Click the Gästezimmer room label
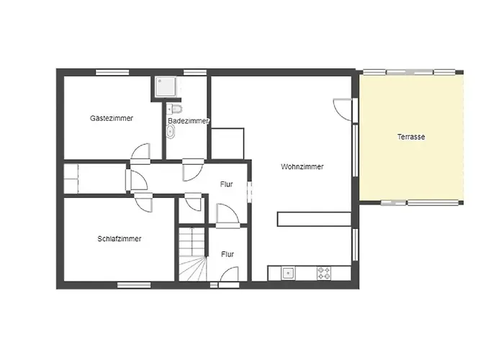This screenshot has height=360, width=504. pos(111,118)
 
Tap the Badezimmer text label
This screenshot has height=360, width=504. pos(189,121)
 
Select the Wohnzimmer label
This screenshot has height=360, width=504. pos(302,167)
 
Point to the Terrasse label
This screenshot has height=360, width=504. pos(411,137)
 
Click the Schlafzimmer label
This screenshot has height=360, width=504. pos(120,239)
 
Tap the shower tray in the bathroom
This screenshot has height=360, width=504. pos(166,87)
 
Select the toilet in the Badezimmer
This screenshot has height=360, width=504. pos(174,109)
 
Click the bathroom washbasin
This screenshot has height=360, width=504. pos(171,132)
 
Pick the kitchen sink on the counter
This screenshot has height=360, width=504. pos(288,274)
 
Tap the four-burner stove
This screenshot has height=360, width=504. pos(324,274)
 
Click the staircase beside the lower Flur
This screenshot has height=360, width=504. pos(192,254)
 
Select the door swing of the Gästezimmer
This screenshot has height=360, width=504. pos(141,152)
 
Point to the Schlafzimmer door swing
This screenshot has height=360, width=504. pos(143,203)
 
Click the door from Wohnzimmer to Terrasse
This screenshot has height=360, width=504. pos(343,109)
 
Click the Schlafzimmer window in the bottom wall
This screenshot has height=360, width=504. pos(134,285)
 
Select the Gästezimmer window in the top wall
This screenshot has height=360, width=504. pos(112,72)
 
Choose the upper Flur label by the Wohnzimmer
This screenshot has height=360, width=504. pos(227,184)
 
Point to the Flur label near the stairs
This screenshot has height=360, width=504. pos(228,255)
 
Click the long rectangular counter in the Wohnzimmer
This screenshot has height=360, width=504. pos(314,219)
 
